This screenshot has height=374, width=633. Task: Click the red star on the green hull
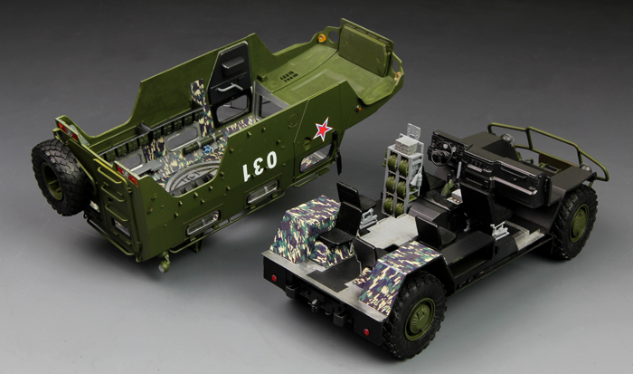click(323, 129)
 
